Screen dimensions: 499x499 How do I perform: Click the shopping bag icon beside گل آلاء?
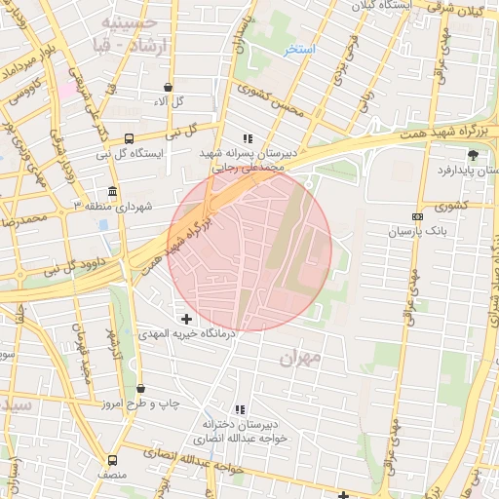pyautogui.click(x=169, y=87)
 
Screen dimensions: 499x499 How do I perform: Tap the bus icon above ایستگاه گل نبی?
pyautogui.click(x=130, y=139)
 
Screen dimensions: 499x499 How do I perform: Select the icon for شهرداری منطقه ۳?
pyautogui.click(x=114, y=191)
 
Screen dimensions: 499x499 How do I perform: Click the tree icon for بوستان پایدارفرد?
pyautogui.click(x=474, y=154)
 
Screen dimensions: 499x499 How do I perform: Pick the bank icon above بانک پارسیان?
pyautogui.click(x=417, y=216)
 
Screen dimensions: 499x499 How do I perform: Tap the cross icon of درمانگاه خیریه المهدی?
pyautogui.click(x=186, y=318)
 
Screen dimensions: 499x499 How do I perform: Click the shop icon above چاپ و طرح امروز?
pyautogui.click(x=140, y=389)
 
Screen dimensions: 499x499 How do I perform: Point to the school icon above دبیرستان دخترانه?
pyautogui.click(x=239, y=409)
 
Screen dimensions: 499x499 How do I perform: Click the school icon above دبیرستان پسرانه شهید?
pyautogui.click(x=248, y=139)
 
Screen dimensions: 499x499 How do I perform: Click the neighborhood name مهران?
pyautogui.click(x=299, y=359)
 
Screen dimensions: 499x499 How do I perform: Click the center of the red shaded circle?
pyautogui.click(x=249, y=249)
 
